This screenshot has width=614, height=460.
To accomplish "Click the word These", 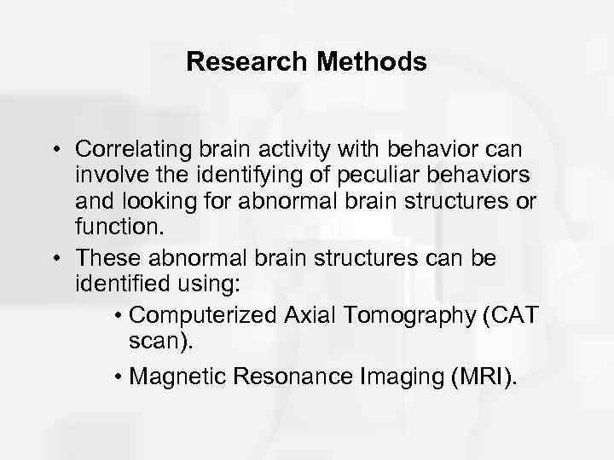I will [x=106, y=256].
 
